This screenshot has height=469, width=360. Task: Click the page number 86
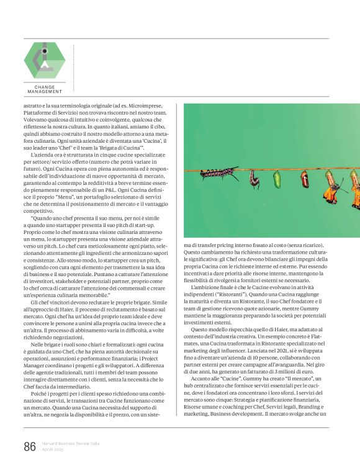click(x=30, y=446)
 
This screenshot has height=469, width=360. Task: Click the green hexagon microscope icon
click(x=44, y=60)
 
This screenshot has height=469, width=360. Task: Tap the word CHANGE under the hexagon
click(x=44, y=87)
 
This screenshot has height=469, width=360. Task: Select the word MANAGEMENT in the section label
click(x=44, y=92)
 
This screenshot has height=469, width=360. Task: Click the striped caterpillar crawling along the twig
click(x=218, y=172)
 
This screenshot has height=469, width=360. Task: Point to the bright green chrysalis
click(x=277, y=179)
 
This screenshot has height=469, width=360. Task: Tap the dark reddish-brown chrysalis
click(x=305, y=179)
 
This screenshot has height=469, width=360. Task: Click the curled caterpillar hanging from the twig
click(x=254, y=180)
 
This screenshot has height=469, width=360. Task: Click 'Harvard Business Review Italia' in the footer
click(x=71, y=443)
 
